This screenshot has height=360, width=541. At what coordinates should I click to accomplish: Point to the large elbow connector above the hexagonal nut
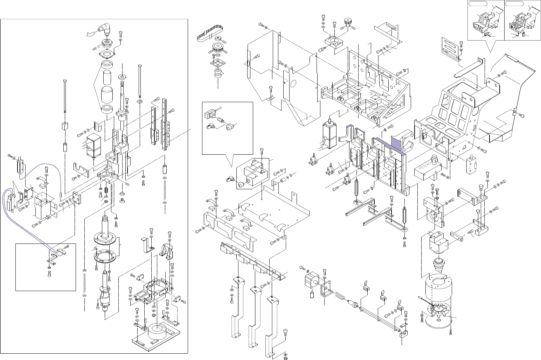(x=104, y=29)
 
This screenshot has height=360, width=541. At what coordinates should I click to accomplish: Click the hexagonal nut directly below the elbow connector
(x=106, y=44)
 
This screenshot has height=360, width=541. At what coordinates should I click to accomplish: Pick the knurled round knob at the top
(x=348, y=21)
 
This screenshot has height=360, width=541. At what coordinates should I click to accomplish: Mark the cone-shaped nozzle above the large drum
(x=438, y=266)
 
